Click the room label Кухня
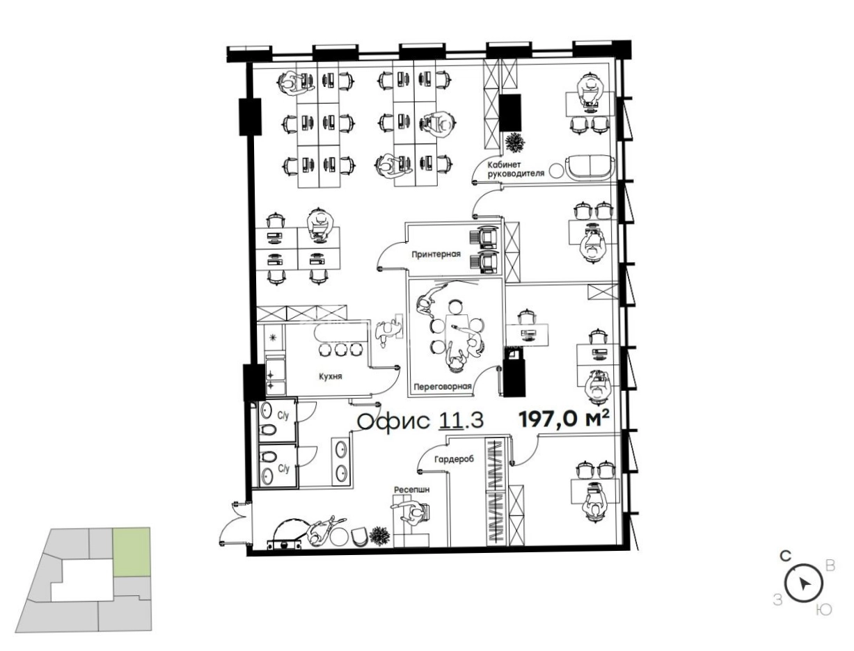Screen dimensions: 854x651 click(x=330, y=376)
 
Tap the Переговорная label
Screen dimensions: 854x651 click(x=443, y=387)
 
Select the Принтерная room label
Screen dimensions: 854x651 click(x=436, y=254)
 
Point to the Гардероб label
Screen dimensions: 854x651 click(x=454, y=460)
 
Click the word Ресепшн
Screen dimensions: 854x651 click(x=411, y=490)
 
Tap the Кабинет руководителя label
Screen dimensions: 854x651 click(x=516, y=169)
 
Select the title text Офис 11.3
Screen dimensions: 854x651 click(x=420, y=421)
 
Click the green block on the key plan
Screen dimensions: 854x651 click(x=131, y=552)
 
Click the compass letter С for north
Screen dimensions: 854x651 click(x=786, y=556)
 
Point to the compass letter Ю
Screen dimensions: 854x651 click(x=824, y=610)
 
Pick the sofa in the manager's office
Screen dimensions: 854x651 click(x=590, y=167)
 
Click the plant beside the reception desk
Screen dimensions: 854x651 click(x=379, y=536)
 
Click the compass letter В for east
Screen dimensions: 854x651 click(x=830, y=566)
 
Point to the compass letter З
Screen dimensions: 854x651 click(x=777, y=600)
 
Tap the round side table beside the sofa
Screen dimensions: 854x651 click(x=556, y=170)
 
